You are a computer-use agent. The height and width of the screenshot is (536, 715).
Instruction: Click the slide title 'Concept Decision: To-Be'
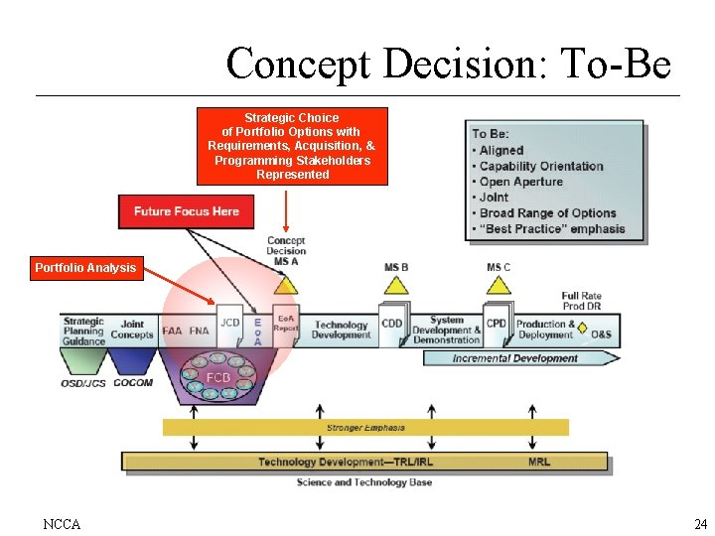(x=448, y=65)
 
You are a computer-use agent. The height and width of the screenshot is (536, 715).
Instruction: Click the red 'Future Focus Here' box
(x=187, y=211)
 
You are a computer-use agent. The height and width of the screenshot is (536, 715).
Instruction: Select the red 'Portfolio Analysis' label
(x=85, y=268)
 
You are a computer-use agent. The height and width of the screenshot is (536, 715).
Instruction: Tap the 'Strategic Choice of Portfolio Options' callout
(x=292, y=146)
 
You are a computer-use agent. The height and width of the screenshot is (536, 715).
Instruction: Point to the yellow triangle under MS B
(x=396, y=285)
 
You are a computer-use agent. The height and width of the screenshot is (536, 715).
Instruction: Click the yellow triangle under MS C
(x=499, y=285)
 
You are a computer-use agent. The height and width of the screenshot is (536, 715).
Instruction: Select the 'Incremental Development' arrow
(x=514, y=358)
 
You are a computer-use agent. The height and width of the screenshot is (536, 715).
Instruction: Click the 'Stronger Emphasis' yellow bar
(x=365, y=428)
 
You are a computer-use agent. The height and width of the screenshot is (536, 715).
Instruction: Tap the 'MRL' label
(x=539, y=462)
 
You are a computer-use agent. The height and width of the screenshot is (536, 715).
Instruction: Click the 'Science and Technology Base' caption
(x=364, y=482)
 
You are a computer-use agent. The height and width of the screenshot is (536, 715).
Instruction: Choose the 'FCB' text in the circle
(x=218, y=378)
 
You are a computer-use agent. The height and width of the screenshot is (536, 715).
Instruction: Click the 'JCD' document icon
(x=230, y=324)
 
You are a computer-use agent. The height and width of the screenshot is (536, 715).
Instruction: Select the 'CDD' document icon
(x=392, y=324)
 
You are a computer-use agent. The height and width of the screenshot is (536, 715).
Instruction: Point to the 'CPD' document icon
(x=497, y=324)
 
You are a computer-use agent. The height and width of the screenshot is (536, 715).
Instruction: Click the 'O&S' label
(x=601, y=335)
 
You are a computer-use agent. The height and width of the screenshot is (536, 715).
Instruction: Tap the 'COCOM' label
(x=133, y=382)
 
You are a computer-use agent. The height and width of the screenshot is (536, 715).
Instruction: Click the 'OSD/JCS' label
(x=83, y=382)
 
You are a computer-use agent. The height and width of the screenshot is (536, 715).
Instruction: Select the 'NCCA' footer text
(x=62, y=523)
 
